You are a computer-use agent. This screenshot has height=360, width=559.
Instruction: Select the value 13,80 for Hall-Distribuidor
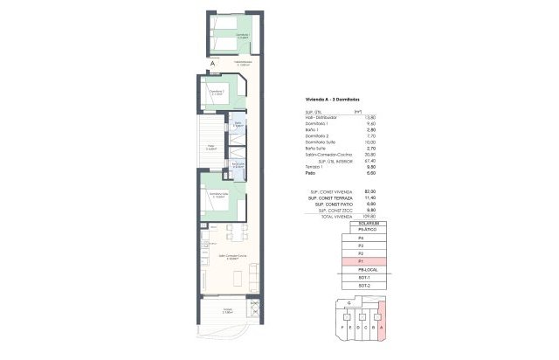[x=345, y=117]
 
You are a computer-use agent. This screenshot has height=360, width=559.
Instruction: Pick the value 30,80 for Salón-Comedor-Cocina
[x=345, y=154]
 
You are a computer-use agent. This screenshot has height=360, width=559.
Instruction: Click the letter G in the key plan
[x=349, y=303]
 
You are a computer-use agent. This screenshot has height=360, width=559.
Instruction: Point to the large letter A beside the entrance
[x=212, y=63]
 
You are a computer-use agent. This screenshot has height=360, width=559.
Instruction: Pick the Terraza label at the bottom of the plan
[x=226, y=311]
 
